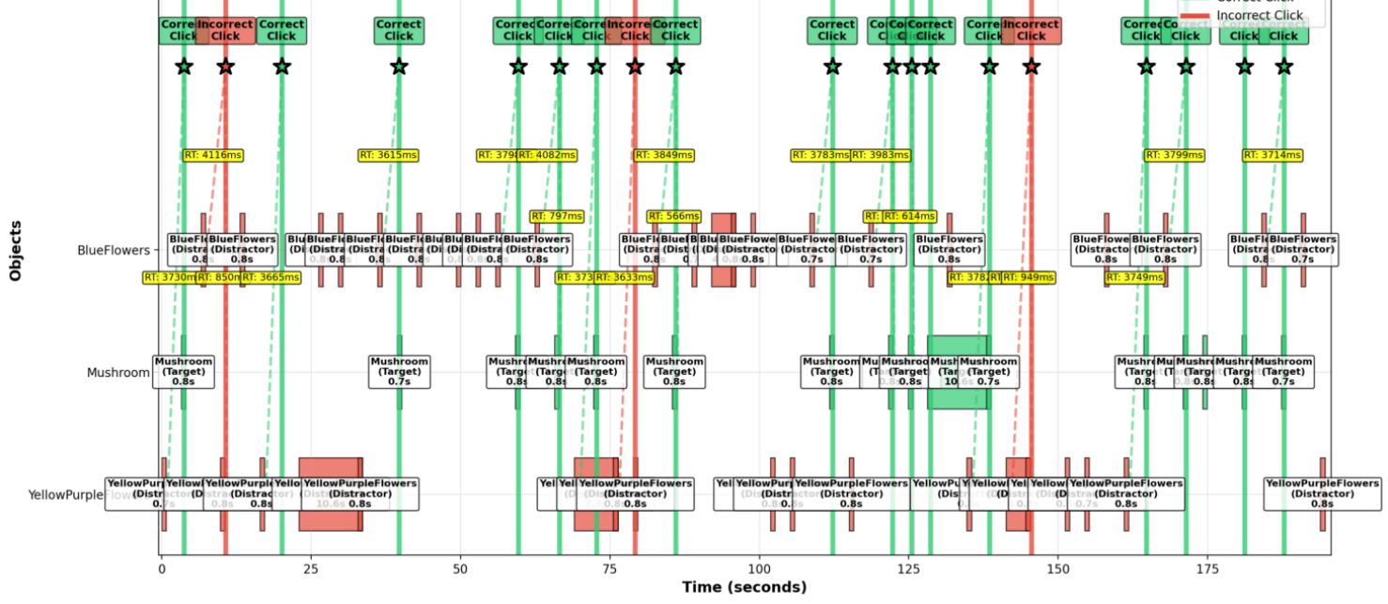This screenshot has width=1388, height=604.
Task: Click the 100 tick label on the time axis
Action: point(759,569)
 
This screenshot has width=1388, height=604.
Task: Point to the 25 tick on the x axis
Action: point(310,569)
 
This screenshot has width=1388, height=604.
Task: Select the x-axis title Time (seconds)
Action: point(744,588)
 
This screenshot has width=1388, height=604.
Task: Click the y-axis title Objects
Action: point(15,251)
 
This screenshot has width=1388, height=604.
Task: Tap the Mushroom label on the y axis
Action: point(118,373)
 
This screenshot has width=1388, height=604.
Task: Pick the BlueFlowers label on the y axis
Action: point(114,251)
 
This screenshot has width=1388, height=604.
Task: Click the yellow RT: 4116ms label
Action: point(213,155)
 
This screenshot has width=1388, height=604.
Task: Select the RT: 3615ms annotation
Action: point(388,155)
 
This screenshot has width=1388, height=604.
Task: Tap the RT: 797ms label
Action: point(549,216)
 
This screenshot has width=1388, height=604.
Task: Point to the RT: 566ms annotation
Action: point(673,216)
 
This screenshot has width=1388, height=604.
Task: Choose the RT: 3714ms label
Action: point(1272,155)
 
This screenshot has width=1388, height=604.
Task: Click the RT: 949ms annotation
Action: point(1028,277)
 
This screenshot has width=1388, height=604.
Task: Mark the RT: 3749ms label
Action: point(1134,277)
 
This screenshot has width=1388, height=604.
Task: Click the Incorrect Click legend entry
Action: point(1258,15)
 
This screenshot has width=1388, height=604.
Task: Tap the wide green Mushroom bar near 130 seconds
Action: point(957,372)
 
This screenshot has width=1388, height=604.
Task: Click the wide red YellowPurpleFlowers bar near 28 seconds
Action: point(330,494)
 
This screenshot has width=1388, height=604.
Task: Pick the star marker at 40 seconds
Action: point(399,67)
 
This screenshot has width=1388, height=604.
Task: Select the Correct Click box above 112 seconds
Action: point(832,31)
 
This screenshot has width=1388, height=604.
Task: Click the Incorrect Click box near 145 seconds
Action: point(1031,31)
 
